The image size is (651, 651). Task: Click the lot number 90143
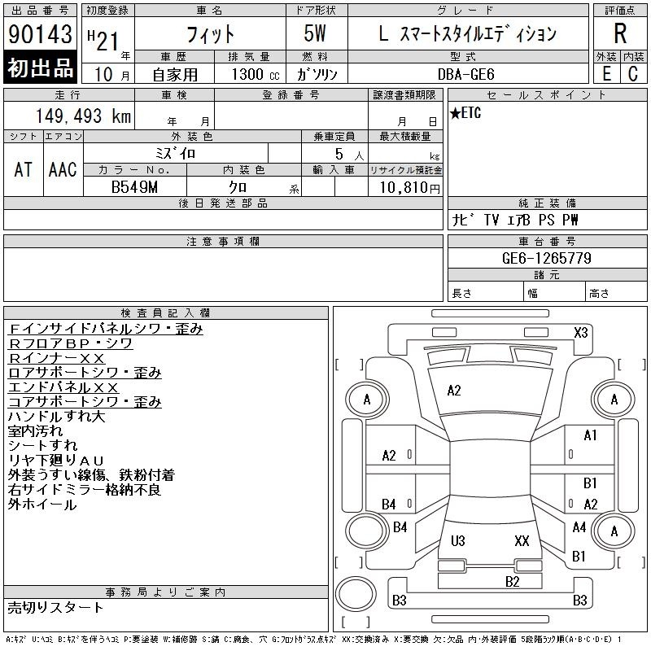40,34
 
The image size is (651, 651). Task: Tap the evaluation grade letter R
620,33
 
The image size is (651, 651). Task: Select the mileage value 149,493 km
83,116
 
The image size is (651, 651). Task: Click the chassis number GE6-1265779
546,258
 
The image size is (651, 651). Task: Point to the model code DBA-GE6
465,74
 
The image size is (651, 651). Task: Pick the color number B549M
134,187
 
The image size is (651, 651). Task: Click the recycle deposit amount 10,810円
409,188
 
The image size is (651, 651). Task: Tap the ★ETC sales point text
465,112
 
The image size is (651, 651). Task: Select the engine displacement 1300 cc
256,74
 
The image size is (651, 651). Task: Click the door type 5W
315,33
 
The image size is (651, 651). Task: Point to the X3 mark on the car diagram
581,333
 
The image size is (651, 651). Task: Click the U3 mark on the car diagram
458,540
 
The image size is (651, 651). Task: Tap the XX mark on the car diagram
522,540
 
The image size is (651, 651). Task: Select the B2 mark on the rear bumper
513,581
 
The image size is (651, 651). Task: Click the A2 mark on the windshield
454,391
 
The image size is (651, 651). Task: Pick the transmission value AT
23,170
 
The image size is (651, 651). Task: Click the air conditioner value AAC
63,170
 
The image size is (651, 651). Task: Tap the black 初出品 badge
40,68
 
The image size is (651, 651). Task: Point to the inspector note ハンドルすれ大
56,417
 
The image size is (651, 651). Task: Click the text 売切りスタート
55,607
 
